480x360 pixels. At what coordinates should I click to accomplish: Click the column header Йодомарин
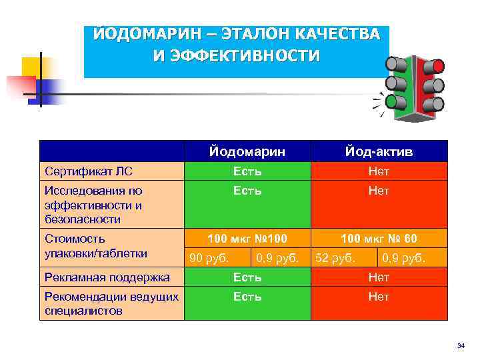pos(247,152)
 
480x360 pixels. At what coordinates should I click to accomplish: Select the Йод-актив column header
pos(379,152)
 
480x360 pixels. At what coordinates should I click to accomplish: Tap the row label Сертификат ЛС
pos(85,172)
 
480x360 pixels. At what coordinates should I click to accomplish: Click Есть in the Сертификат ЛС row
pos(247,172)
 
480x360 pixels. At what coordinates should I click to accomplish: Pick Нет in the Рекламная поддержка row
pos(379,277)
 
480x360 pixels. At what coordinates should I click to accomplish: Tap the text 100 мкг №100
pos(247,239)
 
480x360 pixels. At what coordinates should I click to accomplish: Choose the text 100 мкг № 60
pos(379,239)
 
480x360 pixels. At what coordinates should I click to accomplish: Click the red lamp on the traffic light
pos(437,65)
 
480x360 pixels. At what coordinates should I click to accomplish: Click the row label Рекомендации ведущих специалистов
pos(110,303)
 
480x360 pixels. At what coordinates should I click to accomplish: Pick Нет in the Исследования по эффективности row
pos(379,191)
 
